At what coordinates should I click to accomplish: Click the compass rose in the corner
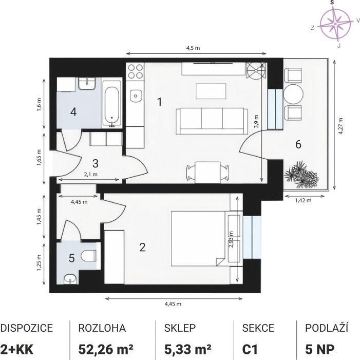[x=335, y=24]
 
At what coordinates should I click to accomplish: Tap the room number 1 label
[x=160, y=102]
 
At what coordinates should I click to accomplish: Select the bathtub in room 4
[x=111, y=103]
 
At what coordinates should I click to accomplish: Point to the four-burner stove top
[x=135, y=71]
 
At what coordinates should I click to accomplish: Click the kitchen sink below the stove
[x=136, y=96]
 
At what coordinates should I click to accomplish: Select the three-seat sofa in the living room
[x=212, y=121]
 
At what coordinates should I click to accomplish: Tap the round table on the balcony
[x=293, y=94]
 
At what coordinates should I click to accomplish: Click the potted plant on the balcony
[x=301, y=175]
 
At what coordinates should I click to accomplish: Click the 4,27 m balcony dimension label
[x=341, y=126]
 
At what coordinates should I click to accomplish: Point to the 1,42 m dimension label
[x=304, y=200]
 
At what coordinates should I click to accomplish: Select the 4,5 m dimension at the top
[x=193, y=48]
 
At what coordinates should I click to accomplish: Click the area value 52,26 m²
[x=106, y=349]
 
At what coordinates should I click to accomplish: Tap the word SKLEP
[x=180, y=328]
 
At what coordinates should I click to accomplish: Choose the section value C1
[x=250, y=350]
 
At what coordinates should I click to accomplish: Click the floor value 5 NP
[x=319, y=350]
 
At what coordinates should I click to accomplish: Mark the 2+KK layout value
[x=17, y=350]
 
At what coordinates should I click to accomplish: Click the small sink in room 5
[x=70, y=279]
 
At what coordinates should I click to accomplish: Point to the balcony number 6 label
[x=298, y=144]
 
